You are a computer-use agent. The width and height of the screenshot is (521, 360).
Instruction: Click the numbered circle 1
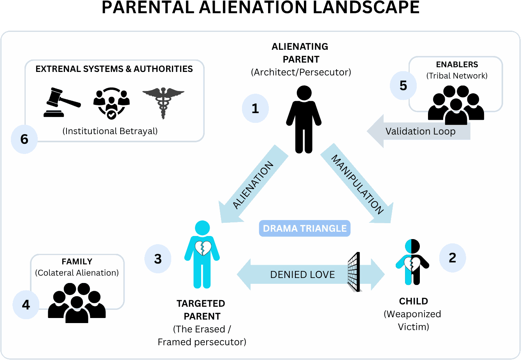(x=255, y=108)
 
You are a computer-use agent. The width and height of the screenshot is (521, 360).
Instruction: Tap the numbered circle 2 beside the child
(x=452, y=258)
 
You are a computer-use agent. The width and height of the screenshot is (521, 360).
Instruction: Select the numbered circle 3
(x=158, y=259)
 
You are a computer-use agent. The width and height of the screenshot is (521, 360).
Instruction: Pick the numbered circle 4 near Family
(x=26, y=305)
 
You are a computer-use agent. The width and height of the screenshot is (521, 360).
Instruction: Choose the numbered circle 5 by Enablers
(x=403, y=86)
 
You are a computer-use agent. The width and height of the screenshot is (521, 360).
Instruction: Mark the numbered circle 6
(x=24, y=139)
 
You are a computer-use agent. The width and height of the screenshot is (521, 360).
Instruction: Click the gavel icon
(x=61, y=103)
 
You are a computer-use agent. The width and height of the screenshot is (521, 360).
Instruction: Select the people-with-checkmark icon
(x=111, y=103)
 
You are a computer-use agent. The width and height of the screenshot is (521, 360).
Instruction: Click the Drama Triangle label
(x=305, y=229)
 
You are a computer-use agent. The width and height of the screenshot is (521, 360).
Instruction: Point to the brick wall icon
(x=354, y=272)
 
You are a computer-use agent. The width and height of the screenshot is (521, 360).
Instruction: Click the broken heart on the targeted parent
(x=203, y=248)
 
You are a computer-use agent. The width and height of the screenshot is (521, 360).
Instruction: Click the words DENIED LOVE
(x=302, y=275)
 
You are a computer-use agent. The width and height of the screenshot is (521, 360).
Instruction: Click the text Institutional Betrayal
(x=110, y=131)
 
